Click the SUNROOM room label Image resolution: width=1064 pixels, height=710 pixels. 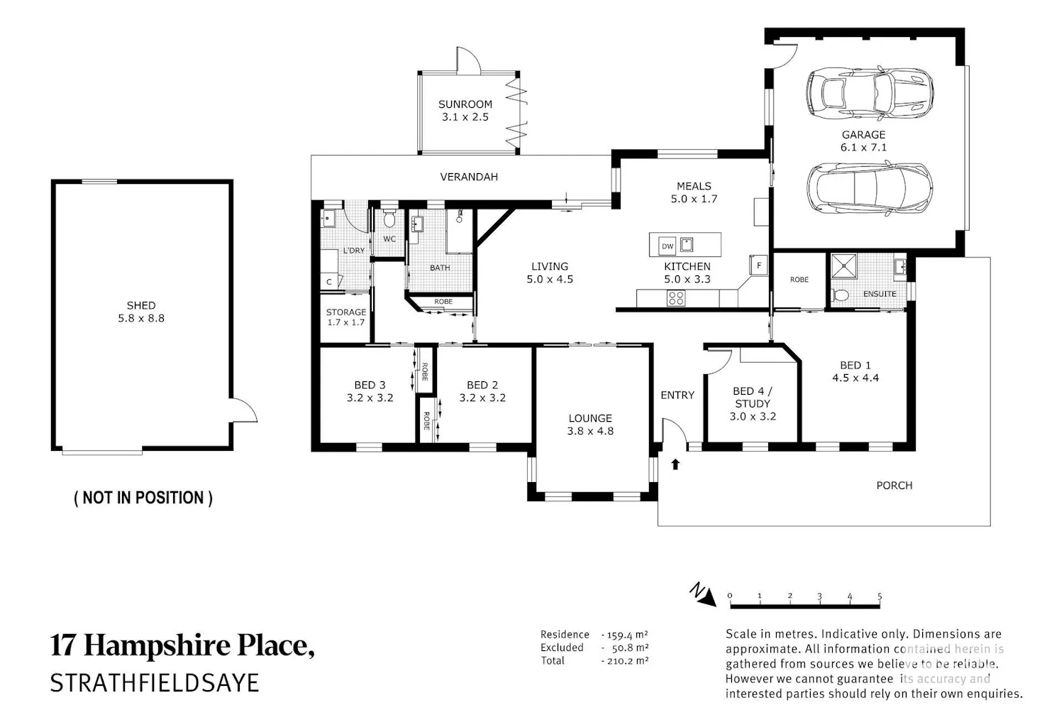coord(465,104)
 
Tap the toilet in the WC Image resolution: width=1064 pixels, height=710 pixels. coord(389,218)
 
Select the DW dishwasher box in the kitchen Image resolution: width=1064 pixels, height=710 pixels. coord(667,246)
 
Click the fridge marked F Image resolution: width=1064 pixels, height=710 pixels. coord(758,266)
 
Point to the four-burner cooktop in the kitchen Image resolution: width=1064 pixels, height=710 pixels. coord(676,298)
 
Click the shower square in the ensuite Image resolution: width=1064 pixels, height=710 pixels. coord(843,266)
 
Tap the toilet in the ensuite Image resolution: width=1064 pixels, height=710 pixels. coord(841,296)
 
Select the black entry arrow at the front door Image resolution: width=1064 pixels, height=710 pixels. coord(675,464)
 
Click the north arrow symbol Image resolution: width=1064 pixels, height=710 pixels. coord(704,595)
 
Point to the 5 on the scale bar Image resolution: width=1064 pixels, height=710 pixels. coord(880,596)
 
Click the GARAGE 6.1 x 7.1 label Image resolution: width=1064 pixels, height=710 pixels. coord(863,141)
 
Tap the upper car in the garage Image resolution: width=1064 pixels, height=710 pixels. coord(869,93)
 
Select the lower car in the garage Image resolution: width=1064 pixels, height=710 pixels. coord(869,188)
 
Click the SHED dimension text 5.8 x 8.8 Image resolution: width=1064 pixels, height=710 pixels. coord(141,318)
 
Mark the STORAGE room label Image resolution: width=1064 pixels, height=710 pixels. coord(346,312)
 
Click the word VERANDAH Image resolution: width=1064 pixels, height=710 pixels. coord(469,177)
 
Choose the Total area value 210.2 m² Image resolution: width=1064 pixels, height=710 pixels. coord(625,660)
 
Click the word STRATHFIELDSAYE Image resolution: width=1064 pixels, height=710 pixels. coord(155,683)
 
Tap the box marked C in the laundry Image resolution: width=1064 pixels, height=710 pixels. coord(328,282)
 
